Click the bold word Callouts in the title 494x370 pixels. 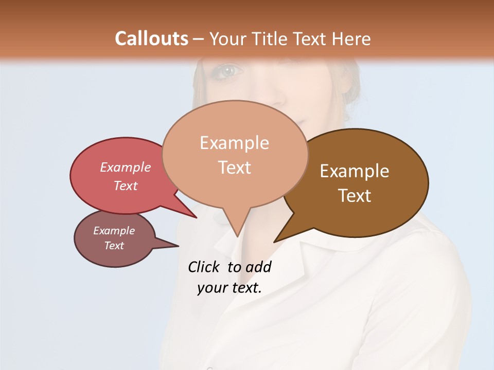(151, 39)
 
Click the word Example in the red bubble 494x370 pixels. (125, 167)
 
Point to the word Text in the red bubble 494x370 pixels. (125, 186)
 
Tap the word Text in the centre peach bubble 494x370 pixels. (234, 167)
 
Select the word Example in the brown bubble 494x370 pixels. (355, 171)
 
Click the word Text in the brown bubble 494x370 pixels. (355, 195)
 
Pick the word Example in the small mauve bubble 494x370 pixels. (114, 231)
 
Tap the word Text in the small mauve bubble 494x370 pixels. (114, 246)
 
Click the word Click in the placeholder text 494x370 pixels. (204, 267)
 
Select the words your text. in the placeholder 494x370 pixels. (229, 288)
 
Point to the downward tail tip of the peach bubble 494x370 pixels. (237, 235)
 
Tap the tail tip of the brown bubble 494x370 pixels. (275, 241)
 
